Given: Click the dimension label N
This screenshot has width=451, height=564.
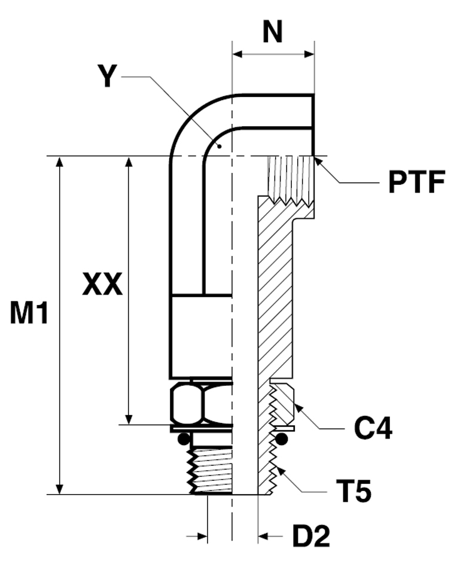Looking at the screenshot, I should coord(273,33).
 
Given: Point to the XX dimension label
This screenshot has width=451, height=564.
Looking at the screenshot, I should coord(102,285).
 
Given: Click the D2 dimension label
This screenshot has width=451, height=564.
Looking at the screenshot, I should coord(310,536).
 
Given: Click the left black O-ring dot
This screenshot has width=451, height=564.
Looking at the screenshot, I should coord(184,439).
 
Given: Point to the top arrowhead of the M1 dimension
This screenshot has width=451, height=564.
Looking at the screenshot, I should coord(59,163).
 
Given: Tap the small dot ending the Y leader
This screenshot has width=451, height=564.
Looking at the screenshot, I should coord(220,145).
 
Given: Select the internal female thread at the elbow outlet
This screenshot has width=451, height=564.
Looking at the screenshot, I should coord(290,176).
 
